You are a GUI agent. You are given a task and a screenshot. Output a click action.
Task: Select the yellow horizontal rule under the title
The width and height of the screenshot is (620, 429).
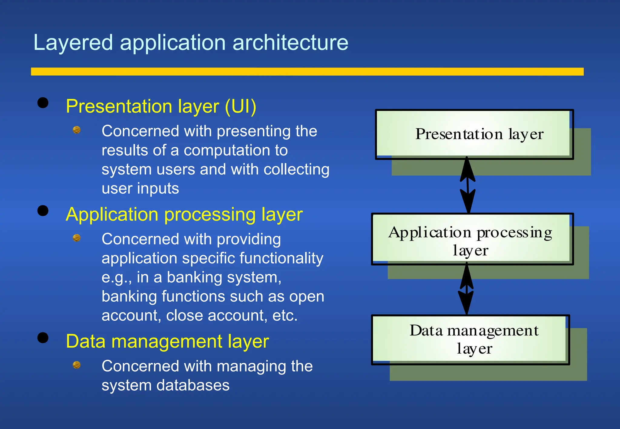tap(307, 71)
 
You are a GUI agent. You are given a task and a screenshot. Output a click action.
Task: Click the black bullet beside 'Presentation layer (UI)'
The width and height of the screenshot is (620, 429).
tap(43, 103)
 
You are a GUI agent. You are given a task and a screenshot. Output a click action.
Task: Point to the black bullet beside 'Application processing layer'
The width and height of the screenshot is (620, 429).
tap(43, 211)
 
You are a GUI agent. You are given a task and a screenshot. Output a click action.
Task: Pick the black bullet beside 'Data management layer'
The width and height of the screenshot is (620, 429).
tap(43, 338)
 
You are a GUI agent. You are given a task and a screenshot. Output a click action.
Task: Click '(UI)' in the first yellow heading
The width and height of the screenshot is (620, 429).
tap(240, 106)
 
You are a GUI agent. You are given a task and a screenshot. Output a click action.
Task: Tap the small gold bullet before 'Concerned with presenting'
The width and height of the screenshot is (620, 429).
tap(77, 130)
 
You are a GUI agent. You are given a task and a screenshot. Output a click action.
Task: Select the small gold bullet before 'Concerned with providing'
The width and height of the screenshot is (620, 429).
tap(77, 238)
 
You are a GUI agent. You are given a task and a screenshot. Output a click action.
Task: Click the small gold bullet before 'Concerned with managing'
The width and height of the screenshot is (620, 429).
tap(77, 365)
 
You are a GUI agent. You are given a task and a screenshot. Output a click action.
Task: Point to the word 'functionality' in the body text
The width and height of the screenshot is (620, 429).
tap(281, 258)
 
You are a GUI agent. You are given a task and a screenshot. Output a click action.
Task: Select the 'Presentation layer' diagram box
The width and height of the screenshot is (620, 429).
tap(474, 134)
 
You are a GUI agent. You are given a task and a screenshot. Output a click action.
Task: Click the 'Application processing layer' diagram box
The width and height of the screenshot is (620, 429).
tap(472, 239)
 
